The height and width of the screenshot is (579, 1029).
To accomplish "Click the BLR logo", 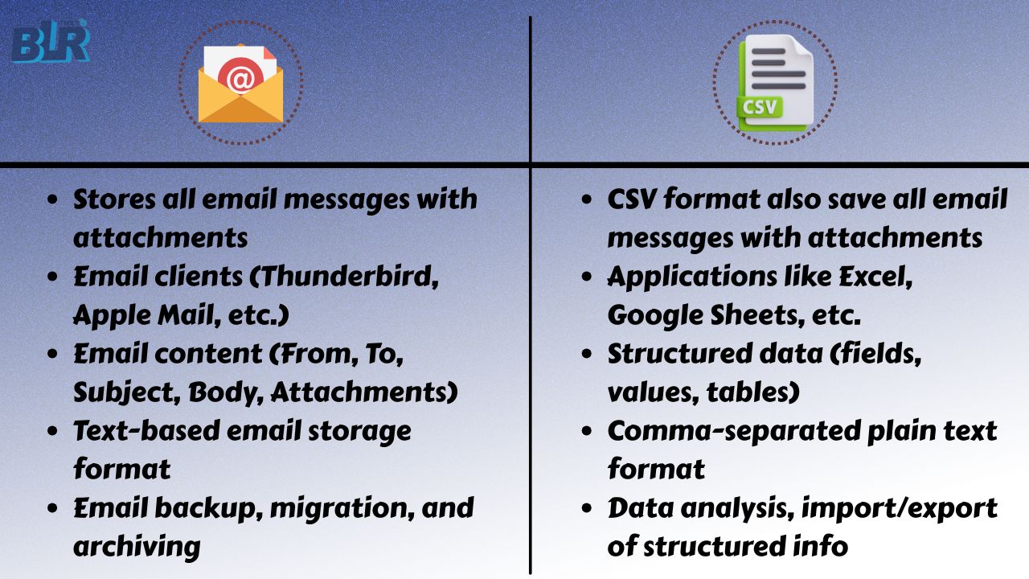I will (50, 43).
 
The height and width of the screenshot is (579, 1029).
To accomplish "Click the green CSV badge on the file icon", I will (760, 106).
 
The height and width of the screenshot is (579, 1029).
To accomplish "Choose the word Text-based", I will (143, 430).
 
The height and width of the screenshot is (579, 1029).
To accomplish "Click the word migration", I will (308, 507).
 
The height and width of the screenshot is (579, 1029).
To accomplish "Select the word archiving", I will (136, 546).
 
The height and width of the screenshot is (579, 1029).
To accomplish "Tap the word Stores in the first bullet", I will (117, 199).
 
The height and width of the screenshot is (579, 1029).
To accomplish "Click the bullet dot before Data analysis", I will (589, 508).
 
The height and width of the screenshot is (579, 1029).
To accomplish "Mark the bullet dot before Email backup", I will (54, 508).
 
